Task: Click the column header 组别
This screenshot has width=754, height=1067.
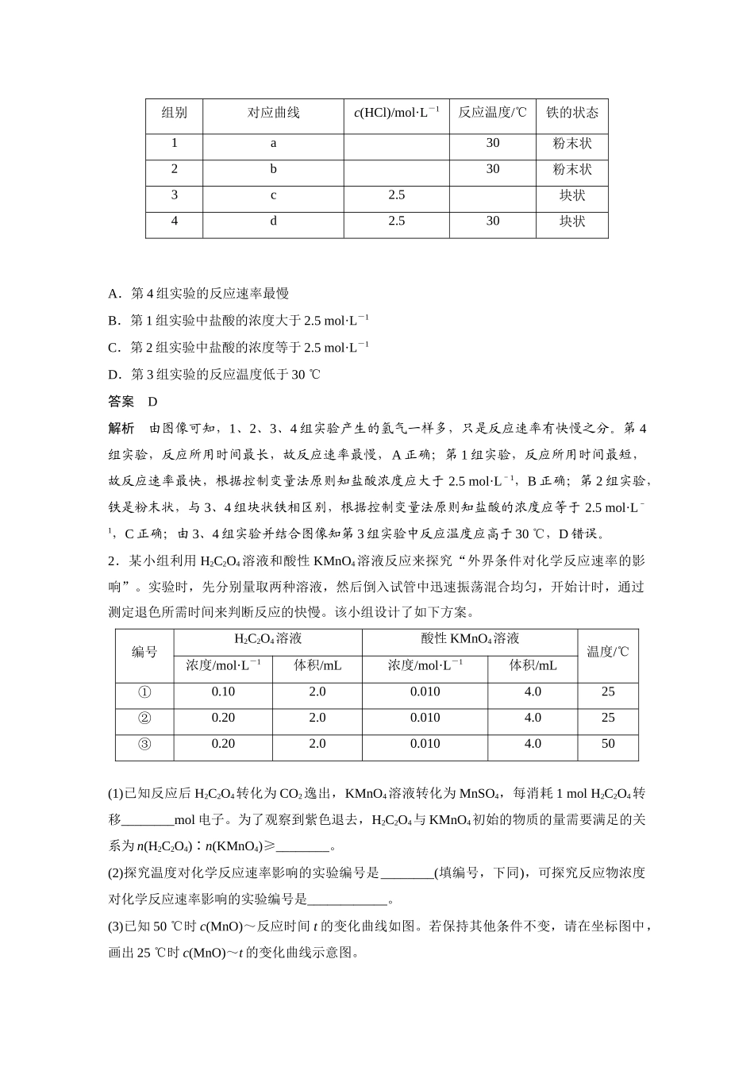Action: pos(174,113)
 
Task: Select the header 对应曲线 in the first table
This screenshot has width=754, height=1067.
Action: pos(273,113)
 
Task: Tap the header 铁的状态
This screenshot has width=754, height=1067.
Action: pos(571,113)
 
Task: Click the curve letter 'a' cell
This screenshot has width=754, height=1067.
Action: pos(273,143)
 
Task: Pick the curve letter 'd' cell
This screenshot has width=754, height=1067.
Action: pos(273,221)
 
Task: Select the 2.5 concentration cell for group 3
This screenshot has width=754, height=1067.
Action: pos(396,195)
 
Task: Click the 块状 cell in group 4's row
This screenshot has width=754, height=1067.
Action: pos(571,221)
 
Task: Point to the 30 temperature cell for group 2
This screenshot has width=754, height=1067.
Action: pos(492,169)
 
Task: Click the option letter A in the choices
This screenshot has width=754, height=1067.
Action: pos(113,294)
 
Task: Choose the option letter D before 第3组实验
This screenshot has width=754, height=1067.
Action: pos(113,375)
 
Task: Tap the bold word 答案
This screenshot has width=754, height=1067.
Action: pos(121,402)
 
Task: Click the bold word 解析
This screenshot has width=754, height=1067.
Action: pos(121,429)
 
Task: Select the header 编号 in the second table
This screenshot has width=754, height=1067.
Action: pos(144,652)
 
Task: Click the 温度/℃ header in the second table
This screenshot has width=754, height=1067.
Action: pos(607,652)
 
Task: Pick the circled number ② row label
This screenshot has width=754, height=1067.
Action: pos(144,718)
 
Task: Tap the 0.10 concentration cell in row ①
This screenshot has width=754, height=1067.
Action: pos(223,692)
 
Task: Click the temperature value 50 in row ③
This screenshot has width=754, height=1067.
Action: pos(607,744)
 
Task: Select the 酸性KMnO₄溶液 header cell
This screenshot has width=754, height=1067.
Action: pos(469,639)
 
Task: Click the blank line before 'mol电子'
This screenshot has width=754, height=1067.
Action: pos(148,820)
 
